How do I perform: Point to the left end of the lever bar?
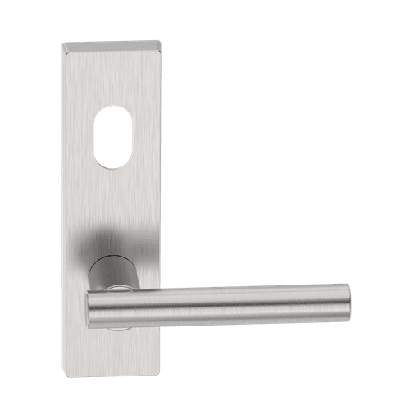[89, 310]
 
